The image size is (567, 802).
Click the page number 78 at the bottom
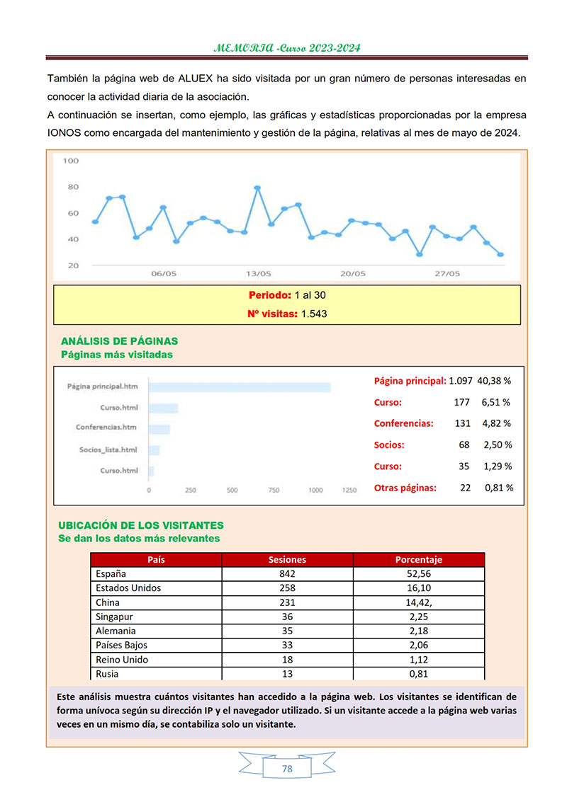tap(287, 769)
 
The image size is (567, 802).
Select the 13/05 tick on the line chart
tap(258, 273)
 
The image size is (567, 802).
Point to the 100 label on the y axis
tap(71, 161)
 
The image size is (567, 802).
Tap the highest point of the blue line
tap(257, 188)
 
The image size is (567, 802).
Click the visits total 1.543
tap(313, 314)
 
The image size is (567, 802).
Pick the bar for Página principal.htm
tap(240, 387)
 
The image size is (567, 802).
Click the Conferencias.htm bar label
tap(106, 428)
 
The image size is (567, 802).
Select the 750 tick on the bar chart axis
tap(274, 490)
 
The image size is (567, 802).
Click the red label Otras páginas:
tap(405, 488)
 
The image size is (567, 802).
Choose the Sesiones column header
tap(287, 560)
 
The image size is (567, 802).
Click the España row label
tap(111, 574)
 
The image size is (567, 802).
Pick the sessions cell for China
tap(287, 602)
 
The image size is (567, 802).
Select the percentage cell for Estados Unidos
tap(418, 588)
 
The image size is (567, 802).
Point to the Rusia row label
tap(108, 674)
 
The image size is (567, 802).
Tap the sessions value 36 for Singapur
tap(287, 617)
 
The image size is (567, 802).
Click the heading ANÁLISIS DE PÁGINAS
tap(119, 341)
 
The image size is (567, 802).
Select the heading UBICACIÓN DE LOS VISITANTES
tap(140, 526)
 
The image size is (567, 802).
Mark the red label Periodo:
tap(269, 295)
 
